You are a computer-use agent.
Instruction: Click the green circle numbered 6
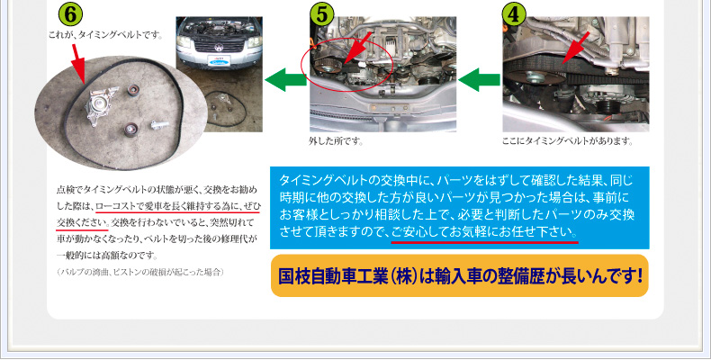tap(70, 15)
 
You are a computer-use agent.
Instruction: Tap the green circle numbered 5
tap(321, 14)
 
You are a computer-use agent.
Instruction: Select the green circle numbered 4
tap(514, 14)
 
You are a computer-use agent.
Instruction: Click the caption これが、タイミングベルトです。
tap(105, 35)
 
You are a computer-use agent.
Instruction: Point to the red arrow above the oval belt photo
tap(78, 64)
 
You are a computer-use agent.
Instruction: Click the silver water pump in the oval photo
tap(101, 107)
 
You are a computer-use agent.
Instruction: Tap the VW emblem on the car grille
tap(219, 47)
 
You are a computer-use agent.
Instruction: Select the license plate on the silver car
tap(219, 60)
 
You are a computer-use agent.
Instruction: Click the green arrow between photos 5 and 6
tap(285, 80)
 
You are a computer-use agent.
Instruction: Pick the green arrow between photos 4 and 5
tap(480, 80)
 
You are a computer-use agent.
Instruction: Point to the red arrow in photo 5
tap(358, 47)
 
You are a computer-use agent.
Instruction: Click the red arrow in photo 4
tap(576, 48)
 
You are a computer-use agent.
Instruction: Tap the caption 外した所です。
tap(336, 141)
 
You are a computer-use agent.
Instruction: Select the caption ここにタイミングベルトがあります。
tap(567, 141)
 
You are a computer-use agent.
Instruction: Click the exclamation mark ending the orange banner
tap(639, 275)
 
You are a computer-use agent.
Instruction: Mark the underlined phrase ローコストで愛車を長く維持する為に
tap(168, 206)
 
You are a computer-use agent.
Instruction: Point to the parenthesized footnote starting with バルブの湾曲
tap(140, 272)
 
